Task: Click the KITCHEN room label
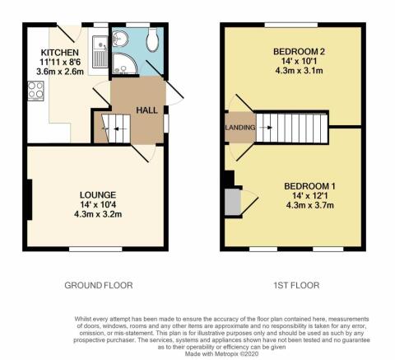[59, 53]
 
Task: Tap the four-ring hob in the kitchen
[35, 91]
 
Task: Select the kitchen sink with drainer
[100, 52]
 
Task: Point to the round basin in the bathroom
[120, 38]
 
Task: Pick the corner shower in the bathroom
[124, 63]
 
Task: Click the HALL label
[146, 110]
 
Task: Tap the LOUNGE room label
[98, 195]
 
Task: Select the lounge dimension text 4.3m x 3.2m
[98, 214]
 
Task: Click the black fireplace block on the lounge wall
[30, 199]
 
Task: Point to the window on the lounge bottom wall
[95, 249]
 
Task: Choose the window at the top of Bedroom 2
[291, 25]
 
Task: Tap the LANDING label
[240, 128]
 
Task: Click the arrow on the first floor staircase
[265, 128]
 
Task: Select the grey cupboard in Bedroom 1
[233, 203]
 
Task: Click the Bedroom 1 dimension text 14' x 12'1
[310, 196]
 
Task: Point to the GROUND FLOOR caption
[99, 285]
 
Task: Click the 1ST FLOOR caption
[296, 285]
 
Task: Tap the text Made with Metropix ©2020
[221, 354]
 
